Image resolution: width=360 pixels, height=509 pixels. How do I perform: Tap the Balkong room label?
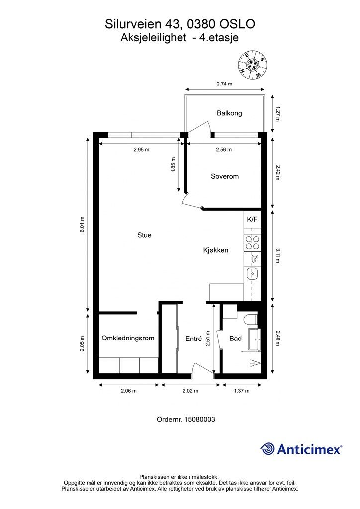tap(229, 113)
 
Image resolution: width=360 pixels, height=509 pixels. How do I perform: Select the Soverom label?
tap(225, 176)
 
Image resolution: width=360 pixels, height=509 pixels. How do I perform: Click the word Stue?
tap(144, 235)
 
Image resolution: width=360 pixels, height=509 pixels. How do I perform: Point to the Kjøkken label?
tap(216, 250)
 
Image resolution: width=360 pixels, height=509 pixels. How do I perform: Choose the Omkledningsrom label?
tap(128, 338)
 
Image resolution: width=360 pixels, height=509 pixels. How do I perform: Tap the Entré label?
tap(194, 339)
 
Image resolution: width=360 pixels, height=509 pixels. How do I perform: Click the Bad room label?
tap(235, 339)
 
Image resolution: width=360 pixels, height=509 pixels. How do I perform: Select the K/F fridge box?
tap(252, 219)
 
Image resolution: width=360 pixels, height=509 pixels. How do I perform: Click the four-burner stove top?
tap(252, 243)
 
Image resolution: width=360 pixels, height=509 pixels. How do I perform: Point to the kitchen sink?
tap(252, 274)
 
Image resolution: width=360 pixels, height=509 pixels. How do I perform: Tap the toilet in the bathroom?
tap(250, 320)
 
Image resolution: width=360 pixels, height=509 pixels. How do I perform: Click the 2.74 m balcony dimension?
tap(225, 84)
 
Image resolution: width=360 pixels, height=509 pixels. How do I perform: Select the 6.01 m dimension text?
tap(82, 224)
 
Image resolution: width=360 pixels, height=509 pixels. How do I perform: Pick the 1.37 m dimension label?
tap(242, 391)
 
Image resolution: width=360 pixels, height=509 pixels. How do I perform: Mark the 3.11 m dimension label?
tap(278, 255)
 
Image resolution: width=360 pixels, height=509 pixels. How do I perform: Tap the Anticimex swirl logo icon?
tap(267, 449)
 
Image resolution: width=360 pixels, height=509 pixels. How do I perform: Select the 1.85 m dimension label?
tap(173, 165)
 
